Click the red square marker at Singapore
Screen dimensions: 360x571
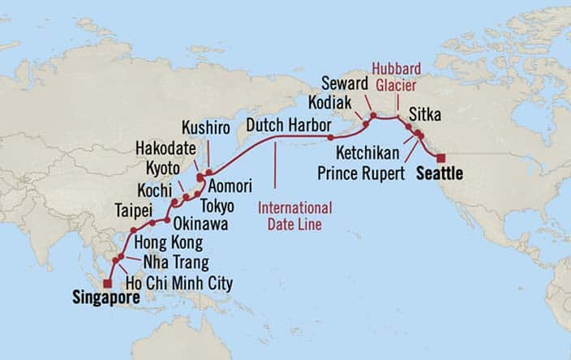[107, 283]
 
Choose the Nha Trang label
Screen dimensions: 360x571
[175, 262]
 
